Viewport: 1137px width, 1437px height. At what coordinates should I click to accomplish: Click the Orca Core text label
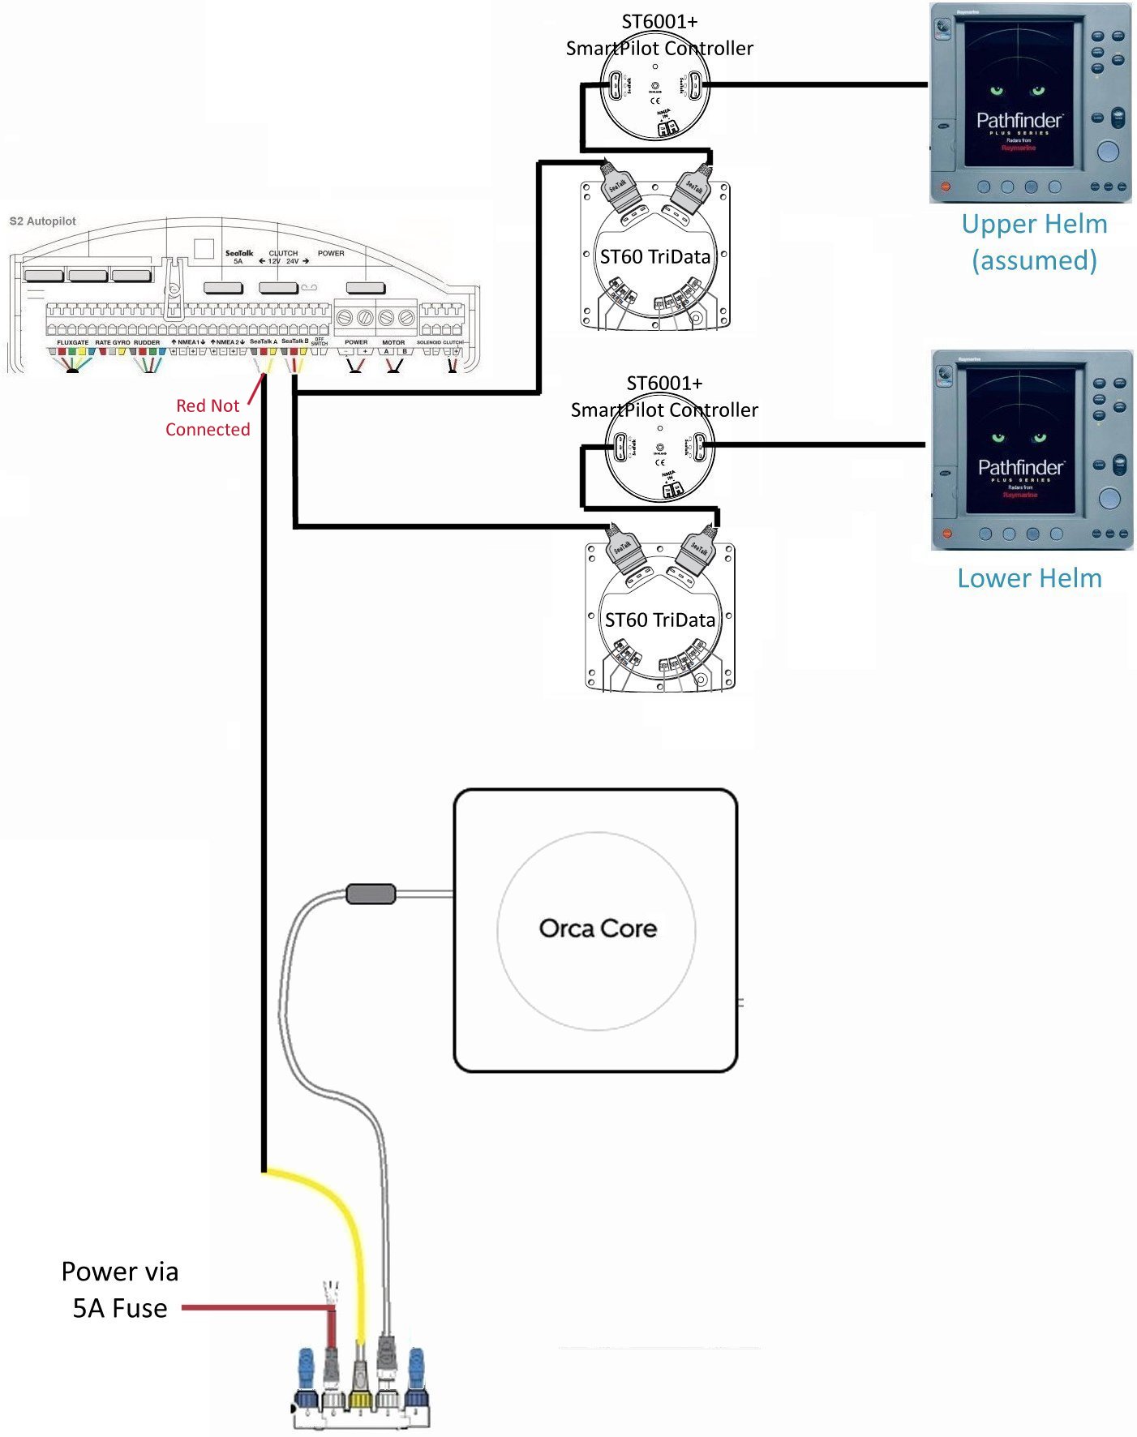pyautogui.click(x=598, y=929)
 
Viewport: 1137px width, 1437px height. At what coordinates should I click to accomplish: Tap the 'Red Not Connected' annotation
pyautogui.click(x=208, y=418)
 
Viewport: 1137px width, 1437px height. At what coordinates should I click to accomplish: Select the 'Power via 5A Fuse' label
pyautogui.click(x=119, y=1289)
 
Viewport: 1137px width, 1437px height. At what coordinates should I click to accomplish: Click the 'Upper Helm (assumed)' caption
pyautogui.click(x=1033, y=242)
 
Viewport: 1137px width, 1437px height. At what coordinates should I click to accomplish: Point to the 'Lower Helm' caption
pyautogui.click(x=1029, y=578)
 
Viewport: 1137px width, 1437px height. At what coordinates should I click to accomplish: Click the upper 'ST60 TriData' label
pyautogui.click(x=654, y=257)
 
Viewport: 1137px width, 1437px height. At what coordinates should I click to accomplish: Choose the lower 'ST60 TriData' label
pyautogui.click(x=659, y=620)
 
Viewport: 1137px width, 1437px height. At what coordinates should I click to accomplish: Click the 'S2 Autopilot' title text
pyautogui.click(x=42, y=221)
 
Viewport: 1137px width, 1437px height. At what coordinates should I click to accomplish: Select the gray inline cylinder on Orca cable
pyautogui.click(x=371, y=894)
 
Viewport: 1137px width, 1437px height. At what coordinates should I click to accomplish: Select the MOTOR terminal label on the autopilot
pyautogui.click(x=393, y=342)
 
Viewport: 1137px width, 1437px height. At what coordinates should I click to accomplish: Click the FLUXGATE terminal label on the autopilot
pyautogui.click(x=72, y=342)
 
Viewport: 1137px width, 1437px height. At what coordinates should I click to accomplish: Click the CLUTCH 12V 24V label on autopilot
pyautogui.click(x=283, y=257)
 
